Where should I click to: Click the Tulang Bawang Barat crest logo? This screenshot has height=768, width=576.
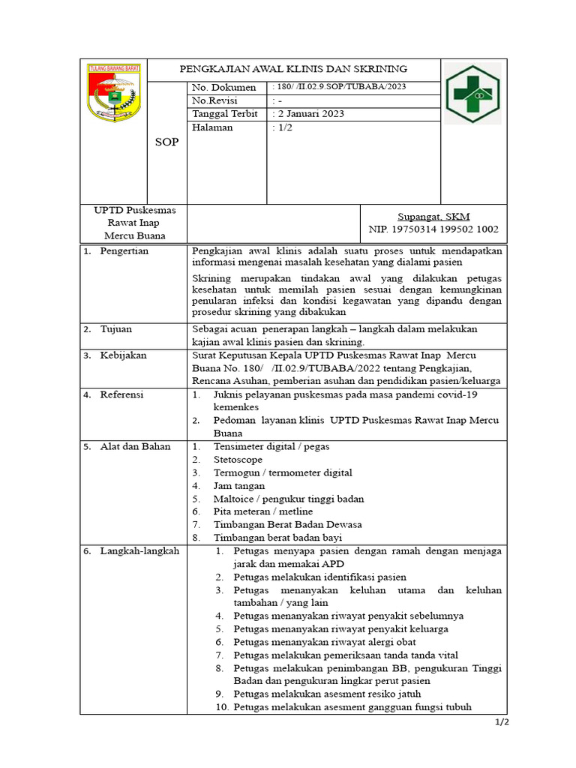coord(114,93)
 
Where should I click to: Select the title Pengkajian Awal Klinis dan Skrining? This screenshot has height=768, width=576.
coord(292,68)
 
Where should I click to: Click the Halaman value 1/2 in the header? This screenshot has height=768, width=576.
coord(283,127)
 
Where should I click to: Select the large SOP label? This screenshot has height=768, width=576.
coord(166,142)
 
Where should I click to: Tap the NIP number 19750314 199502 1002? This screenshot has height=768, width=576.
coord(433,229)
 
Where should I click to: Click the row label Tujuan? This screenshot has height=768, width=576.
coord(118,330)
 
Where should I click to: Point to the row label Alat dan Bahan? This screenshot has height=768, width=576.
coord(135,447)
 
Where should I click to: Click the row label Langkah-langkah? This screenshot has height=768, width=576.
coord(139,551)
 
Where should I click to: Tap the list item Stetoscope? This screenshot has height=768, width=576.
coord(238,460)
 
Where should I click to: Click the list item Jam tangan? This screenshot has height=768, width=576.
coord(239,486)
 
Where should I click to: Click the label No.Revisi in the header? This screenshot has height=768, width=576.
coord(214,100)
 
